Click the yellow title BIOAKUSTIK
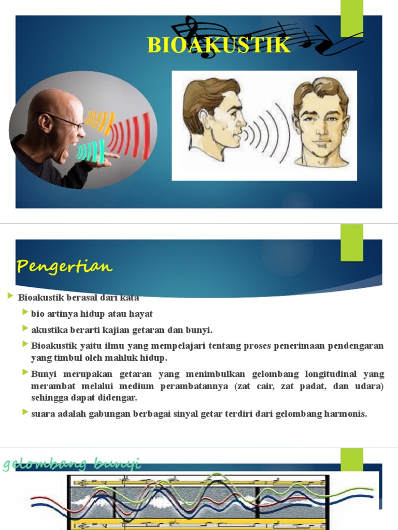(219, 46)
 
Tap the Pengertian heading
(64, 267)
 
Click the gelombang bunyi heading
(72, 464)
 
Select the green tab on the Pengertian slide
(351, 242)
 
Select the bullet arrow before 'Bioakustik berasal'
(10, 296)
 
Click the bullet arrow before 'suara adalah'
(25, 412)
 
